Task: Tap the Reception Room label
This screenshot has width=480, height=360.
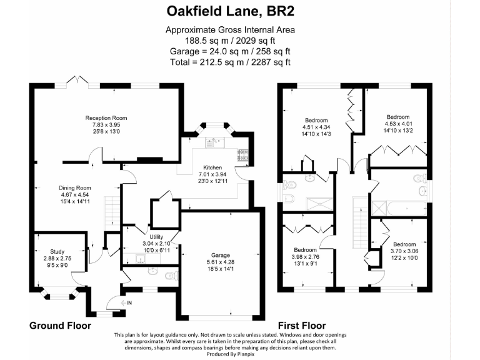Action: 106,117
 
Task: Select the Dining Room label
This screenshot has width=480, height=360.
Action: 75,187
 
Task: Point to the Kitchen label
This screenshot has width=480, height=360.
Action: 211,167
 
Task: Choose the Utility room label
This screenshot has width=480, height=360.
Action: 156,237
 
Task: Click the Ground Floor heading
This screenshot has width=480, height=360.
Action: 61,326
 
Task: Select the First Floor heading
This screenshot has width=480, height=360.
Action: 302,326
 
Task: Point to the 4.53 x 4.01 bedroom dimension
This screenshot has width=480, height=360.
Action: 397,124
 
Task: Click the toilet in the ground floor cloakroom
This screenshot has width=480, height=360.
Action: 169,274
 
